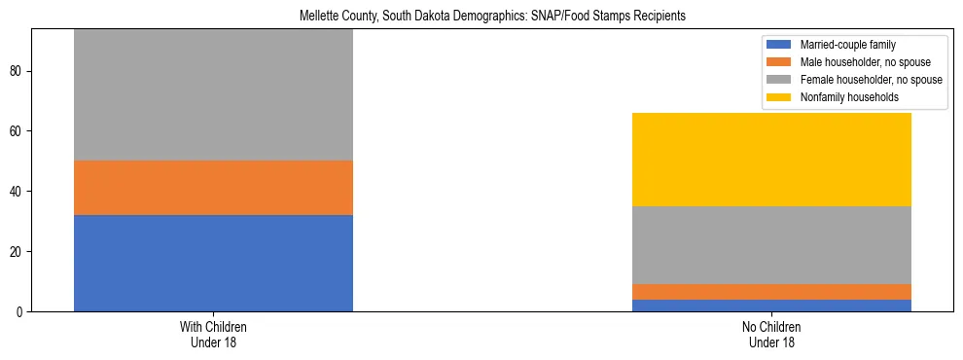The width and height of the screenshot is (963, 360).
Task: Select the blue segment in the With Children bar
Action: (x=213, y=263)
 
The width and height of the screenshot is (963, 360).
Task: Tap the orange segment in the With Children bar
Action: (x=213, y=187)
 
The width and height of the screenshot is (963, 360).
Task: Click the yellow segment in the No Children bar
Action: (x=771, y=160)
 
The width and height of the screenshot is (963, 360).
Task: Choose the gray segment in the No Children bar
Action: (x=771, y=245)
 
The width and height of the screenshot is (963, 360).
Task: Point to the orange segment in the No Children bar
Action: (x=771, y=292)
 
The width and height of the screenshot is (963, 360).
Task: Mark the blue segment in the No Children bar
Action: (x=771, y=306)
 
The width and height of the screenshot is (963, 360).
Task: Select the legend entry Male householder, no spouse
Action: (x=859, y=62)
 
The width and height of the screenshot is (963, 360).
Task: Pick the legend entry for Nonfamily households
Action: (x=843, y=97)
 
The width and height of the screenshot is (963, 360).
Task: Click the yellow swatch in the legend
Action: (x=779, y=97)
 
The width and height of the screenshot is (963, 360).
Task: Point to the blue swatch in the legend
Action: (x=779, y=45)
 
